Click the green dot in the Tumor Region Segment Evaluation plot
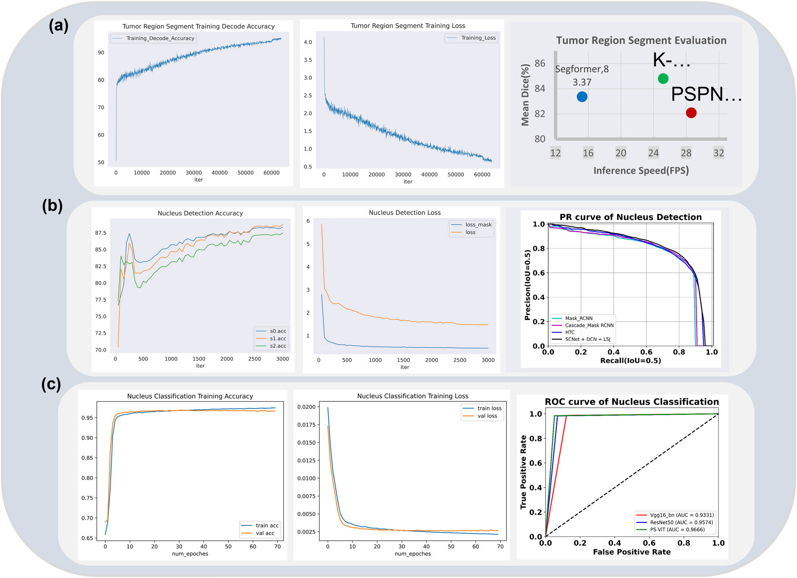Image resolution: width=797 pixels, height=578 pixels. (663, 79)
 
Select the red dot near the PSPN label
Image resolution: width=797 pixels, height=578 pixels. (691, 113)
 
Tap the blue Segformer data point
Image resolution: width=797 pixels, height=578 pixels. (582, 96)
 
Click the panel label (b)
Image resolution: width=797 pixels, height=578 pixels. (53, 206)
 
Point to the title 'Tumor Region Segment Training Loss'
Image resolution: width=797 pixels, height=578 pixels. (408, 26)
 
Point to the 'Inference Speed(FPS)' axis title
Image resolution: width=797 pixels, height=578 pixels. (641, 171)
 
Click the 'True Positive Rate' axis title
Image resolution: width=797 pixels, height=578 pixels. (523, 472)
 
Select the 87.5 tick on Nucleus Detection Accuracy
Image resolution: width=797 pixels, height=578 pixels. (100, 233)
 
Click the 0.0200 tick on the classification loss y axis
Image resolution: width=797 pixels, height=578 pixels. (306, 407)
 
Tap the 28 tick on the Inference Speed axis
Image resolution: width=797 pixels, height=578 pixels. (686, 153)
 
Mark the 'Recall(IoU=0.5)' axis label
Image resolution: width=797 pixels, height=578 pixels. (630, 361)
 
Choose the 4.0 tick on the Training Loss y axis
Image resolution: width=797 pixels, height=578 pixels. (308, 42)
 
